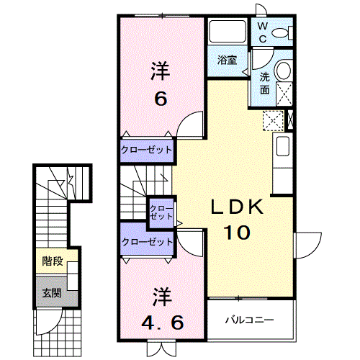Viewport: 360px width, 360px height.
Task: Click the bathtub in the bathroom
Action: [x=227, y=32]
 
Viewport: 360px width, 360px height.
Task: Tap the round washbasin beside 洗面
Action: [x=283, y=70]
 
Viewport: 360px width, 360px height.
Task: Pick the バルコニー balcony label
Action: [x=247, y=318]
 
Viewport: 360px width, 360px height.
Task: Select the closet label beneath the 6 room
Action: [x=146, y=150]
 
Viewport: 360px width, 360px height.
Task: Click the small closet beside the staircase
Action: [x=161, y=212]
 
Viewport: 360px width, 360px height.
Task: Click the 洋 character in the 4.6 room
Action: [x=161, y=294]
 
